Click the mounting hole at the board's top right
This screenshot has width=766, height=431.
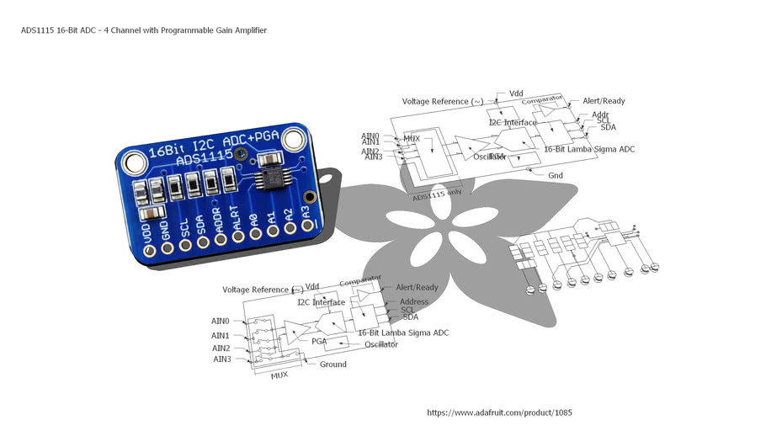pyautogui.click(x=294, y=141)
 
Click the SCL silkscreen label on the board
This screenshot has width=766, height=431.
pyautogui.click(x=184, y=226)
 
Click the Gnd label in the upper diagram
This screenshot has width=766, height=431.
pyautogui.click(x=555, y=176)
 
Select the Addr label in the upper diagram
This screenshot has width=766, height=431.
pyautogui.click(x=600, y=114)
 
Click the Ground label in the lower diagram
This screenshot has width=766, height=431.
pyautogui.click(x=332, y=364)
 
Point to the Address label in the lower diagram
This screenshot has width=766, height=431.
pyautogui.click(x=413, y=301)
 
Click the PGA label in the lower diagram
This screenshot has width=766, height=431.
pyautogui.click(x=319, y=342)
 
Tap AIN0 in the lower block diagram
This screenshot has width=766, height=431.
pyautogui.click(x=221, y=321)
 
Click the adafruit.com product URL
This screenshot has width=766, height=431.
pyautogui.click(x=499, y=413)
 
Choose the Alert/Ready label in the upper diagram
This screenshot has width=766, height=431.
pyautogui.click(x=604, y=101)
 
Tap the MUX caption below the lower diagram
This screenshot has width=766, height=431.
pyautogui.click(x=279, y=375)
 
